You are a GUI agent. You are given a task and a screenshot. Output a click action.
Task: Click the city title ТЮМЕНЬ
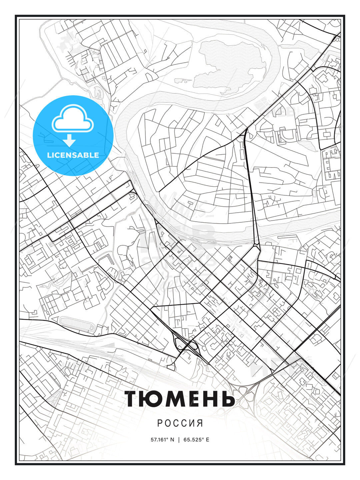(x=180, y=399)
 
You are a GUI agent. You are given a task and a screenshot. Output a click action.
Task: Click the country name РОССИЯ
(x=180, y=423)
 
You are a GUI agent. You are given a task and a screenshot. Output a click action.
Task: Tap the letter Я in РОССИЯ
(x=200, y=423)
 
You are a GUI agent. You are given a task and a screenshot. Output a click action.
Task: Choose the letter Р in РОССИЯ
(x=160, y=423)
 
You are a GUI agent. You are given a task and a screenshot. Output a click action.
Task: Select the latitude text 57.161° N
(x=162, y=440)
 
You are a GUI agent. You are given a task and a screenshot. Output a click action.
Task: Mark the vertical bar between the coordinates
(x=179, y=440)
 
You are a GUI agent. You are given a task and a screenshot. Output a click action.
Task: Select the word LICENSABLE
(x=73, y=155)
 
